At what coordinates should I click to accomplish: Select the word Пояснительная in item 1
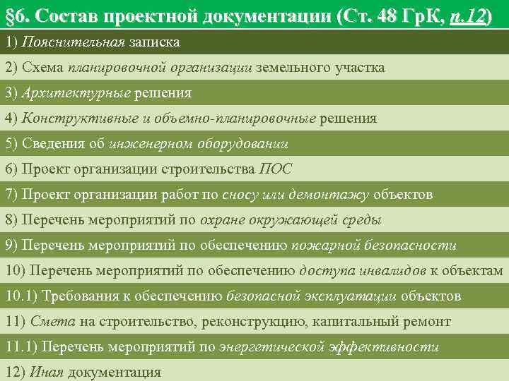point(73,42)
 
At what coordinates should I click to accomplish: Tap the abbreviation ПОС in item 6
point(276,169)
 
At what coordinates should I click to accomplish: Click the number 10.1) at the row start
point(21,296)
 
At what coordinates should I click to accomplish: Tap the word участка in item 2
point(358,68)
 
